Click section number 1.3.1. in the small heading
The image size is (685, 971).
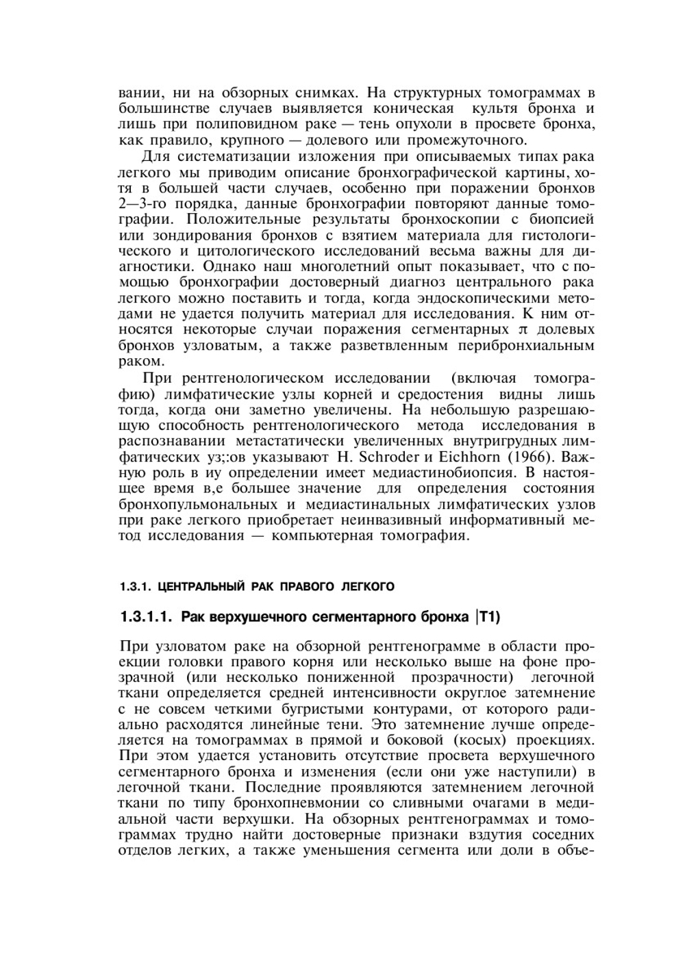(x=134, y=587)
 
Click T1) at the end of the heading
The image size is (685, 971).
(x=489, y=617)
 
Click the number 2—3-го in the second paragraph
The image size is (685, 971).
(x=149, y=203)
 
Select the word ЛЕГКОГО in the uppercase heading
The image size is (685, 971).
(x=368, y=587)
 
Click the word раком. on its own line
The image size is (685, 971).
(x=140, y=361)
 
